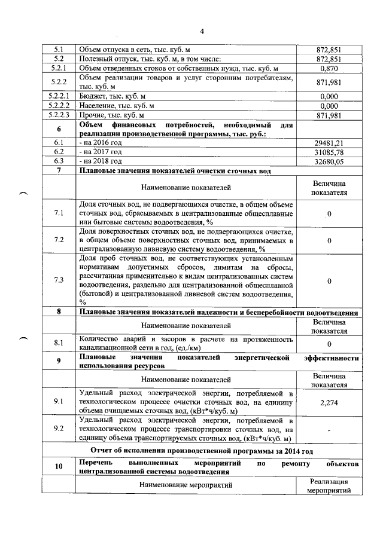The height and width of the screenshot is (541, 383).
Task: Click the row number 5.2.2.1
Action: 59,95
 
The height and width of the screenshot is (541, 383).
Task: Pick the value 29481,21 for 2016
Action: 329,143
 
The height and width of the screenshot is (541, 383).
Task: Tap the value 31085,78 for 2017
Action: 329,152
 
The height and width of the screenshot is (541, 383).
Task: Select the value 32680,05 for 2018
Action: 329,161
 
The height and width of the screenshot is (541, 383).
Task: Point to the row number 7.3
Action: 59,280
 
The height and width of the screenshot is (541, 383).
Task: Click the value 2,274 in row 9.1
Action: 329,404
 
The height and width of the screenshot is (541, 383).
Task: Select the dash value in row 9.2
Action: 329,430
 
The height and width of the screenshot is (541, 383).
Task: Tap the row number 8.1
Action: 59,343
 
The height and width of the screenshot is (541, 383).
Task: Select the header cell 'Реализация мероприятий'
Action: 329,486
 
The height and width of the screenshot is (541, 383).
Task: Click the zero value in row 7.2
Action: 329,240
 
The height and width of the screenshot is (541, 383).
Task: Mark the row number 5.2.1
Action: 59,69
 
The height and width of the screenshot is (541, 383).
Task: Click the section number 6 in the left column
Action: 59,129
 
